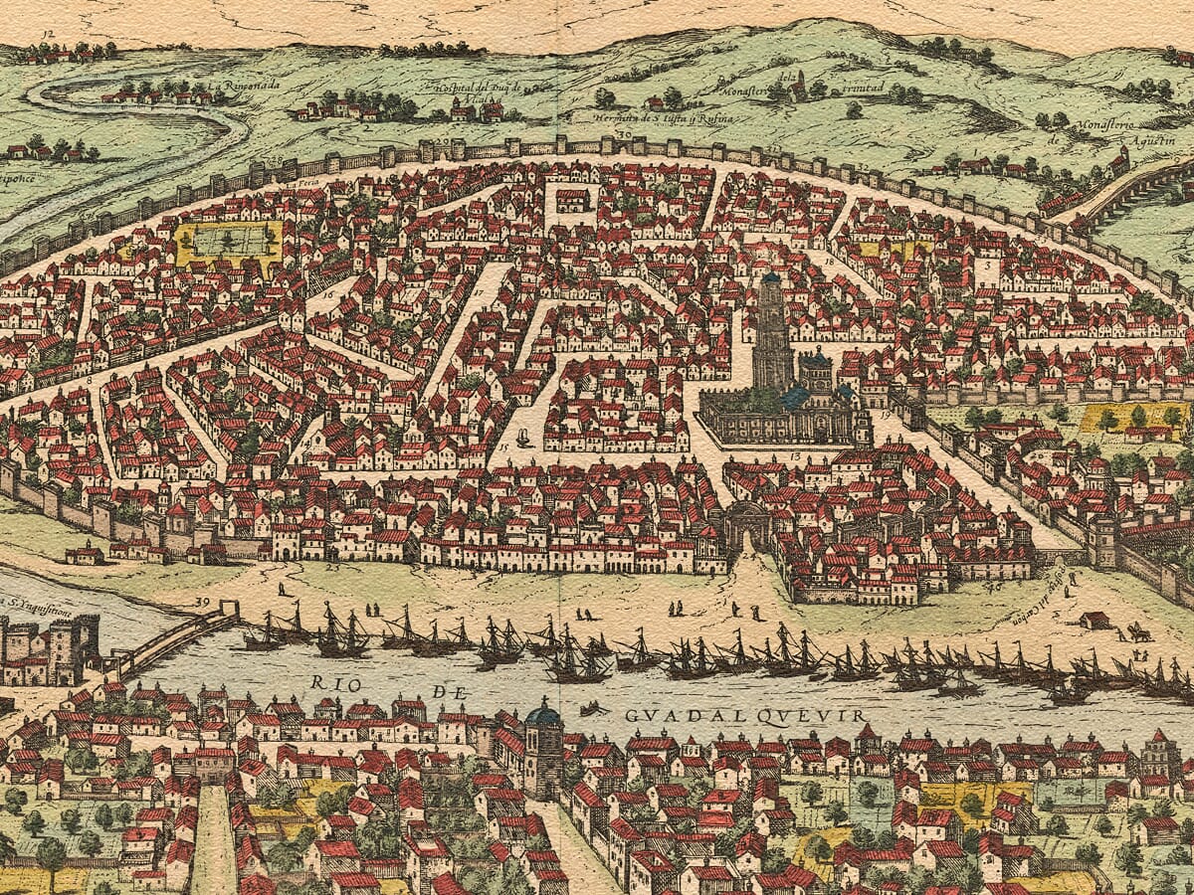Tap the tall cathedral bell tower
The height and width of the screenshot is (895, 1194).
point(771,328)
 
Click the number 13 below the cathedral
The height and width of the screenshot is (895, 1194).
point(795,454)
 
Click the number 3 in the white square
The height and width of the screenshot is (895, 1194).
point(986,267)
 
